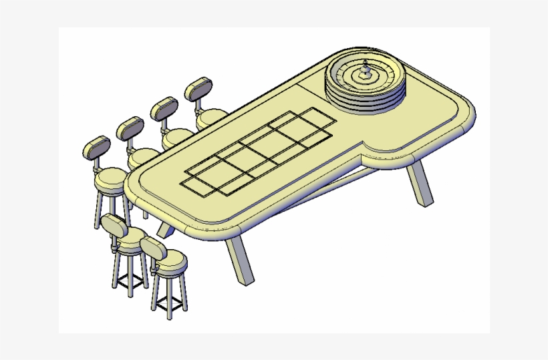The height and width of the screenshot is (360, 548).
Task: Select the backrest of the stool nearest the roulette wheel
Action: click(x=198, y=90)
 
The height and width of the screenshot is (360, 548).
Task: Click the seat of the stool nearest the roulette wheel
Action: click(x=210, y=118)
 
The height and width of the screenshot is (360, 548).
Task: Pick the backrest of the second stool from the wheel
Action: click(x=164, y=109)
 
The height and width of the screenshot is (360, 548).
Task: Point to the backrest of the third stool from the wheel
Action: click(x=130, y=128)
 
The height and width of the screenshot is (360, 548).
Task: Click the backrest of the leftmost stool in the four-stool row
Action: click(x=96, y=148)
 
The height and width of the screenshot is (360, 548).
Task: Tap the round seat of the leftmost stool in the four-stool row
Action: click(x=110, y=180)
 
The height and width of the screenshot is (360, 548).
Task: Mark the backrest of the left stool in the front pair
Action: click(x=116, y=227)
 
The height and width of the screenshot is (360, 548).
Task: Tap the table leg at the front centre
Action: click(x=239, y=260)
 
